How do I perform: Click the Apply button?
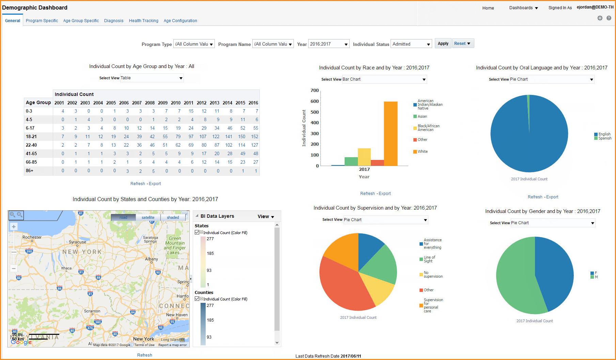click(443, 44)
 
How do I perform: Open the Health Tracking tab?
click(143, 21)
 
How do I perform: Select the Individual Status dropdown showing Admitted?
click(411, 44)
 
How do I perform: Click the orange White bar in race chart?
click(390, 133)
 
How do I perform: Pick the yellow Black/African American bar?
click(364, 157)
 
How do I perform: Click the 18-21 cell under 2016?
click(254, 136)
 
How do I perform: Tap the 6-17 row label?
click(30, 128)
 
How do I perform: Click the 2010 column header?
click(176, 103)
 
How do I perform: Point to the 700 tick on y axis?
click(315, 91)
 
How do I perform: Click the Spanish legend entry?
click(605, 138)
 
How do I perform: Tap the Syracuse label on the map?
click(77, 242)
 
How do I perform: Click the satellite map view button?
click(148, 217)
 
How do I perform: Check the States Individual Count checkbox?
click(197, 232)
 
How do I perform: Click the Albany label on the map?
click(152, 259)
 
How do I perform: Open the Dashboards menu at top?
click(523, 8)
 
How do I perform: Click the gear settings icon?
click(600, 18)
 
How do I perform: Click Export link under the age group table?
click(155, 184)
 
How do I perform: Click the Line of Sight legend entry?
click(429, 259)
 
